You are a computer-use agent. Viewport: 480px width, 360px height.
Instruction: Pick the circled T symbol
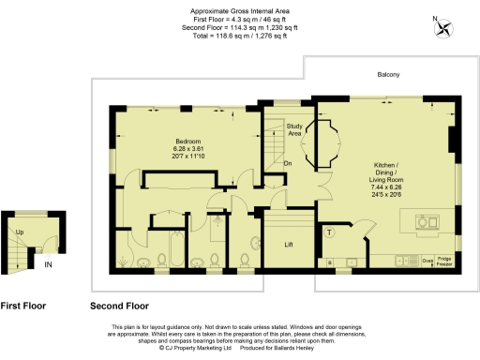[x=329, y=232]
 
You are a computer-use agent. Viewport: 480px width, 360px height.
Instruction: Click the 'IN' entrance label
[x=47, y=265]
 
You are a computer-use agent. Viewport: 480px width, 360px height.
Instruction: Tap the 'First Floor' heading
[x=23, y=306]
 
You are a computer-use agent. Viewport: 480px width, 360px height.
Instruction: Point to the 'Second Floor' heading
[x=119, y=306]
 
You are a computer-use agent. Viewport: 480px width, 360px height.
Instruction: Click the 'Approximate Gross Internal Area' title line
[x=239, y=11]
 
